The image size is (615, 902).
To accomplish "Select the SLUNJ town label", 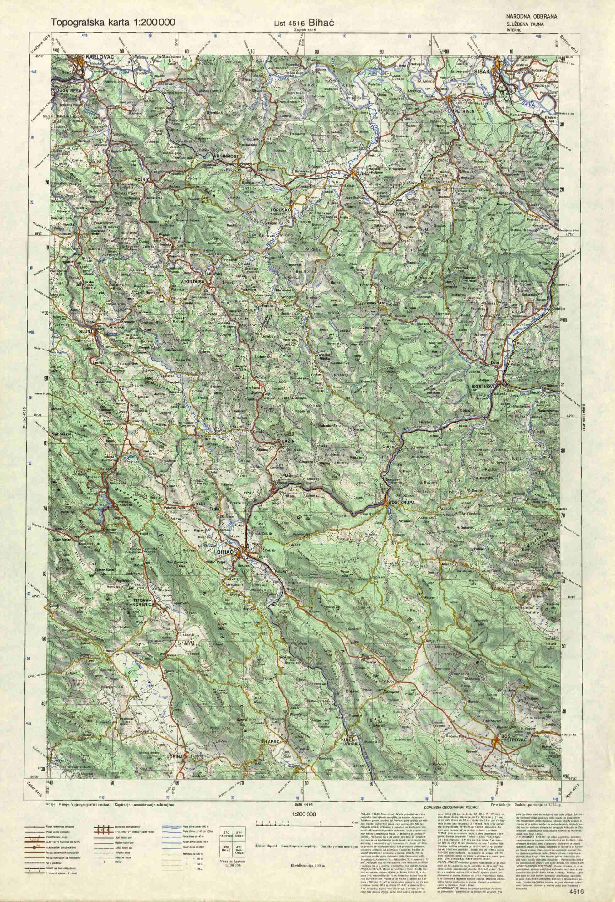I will (x=86, y=331).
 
